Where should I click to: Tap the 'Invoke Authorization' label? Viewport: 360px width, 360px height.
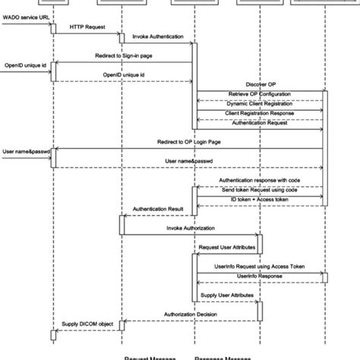190,227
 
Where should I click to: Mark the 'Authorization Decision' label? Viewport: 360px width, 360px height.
191,312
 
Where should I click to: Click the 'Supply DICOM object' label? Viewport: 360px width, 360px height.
87,324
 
